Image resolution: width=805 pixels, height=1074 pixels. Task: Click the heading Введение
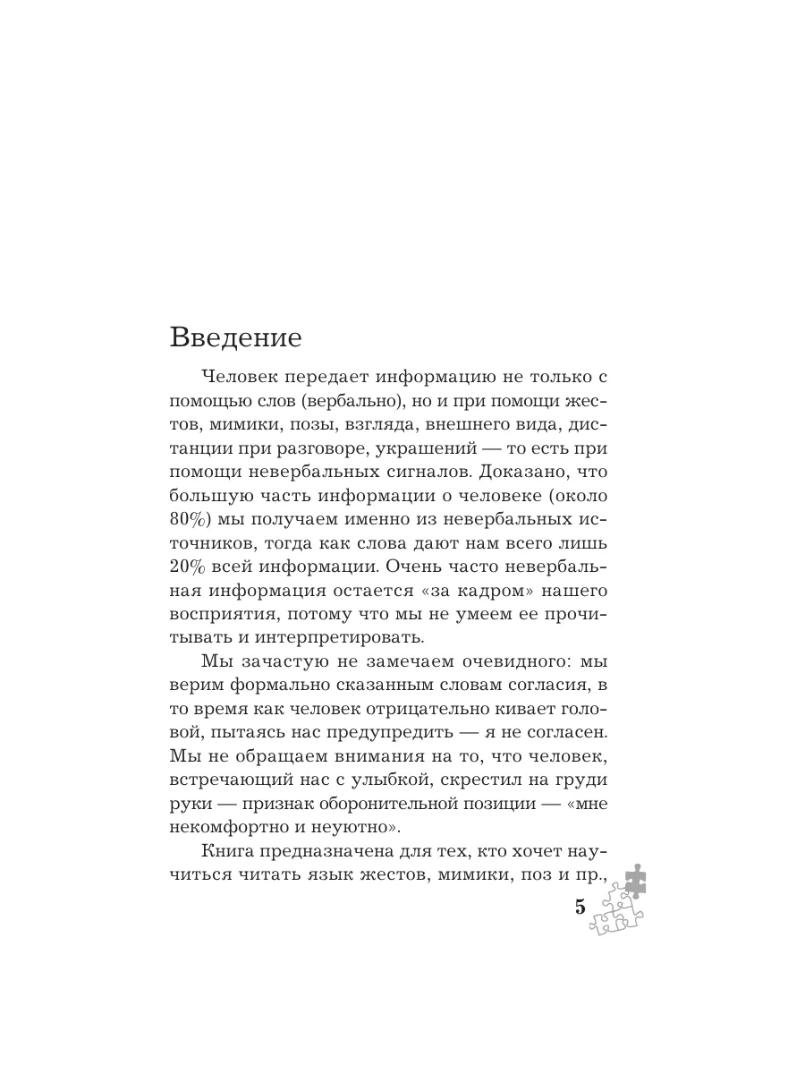tap(235, 339)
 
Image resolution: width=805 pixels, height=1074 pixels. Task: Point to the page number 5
tap(580, 907)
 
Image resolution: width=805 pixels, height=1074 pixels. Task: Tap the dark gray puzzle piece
tap(632, 879)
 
